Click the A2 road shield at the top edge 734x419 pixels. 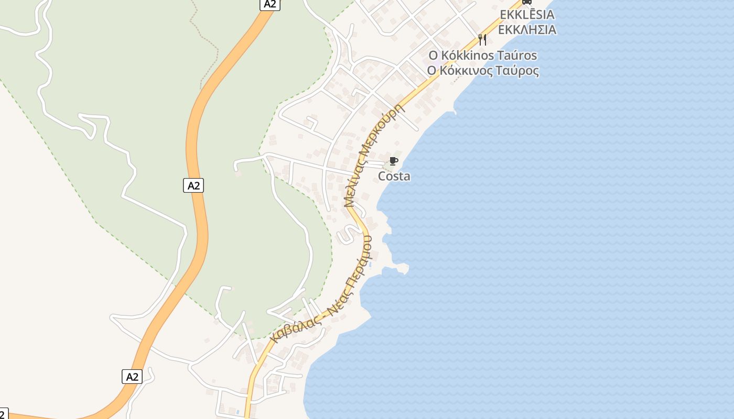point(269,4)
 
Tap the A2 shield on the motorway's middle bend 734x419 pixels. point(193,185)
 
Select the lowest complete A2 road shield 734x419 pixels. point(132,376)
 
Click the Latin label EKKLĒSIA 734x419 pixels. point(527,15)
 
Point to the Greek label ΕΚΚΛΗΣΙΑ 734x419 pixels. point(527,29)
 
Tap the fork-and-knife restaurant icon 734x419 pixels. point(482,39)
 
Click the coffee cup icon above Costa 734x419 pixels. point(394,161)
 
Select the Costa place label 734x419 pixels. point(394,177)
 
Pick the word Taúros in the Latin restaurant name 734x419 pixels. point(517,56)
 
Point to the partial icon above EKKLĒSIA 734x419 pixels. point(527,2)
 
